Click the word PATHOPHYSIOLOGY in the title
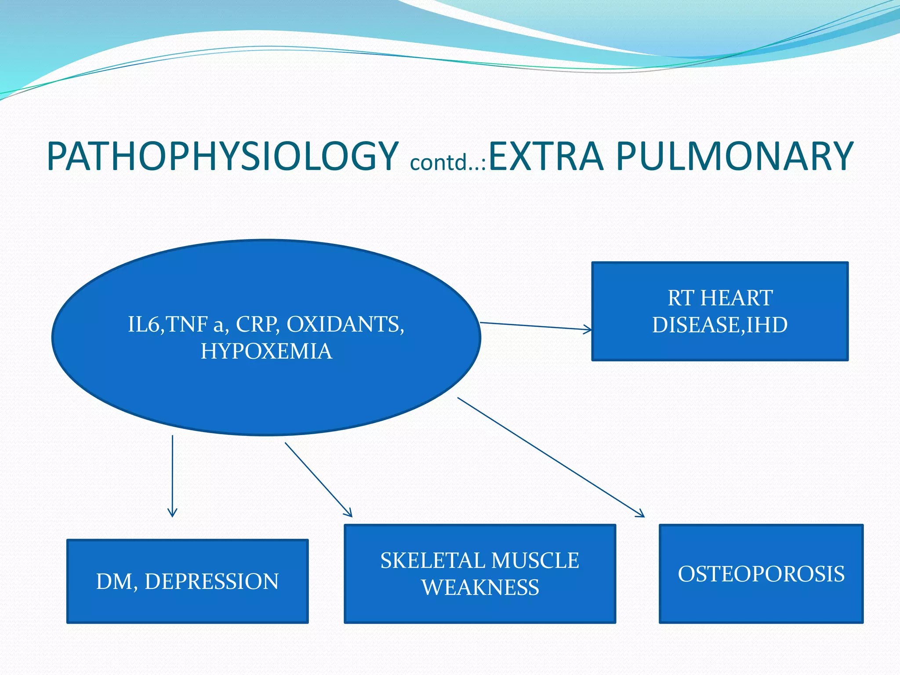pyautogui.click(x=222, y=157)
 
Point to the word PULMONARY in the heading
pyautogui.click(x=734, y=157)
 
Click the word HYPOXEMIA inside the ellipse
pyautogui.click(x=266, y=352)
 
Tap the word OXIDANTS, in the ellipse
pyautogui.click(x=345, y=325)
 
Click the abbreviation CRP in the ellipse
pyautogui.click(x=257, y=325)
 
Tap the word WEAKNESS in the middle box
pyautogui.click(x=480, y=588)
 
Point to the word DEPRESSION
pyautogui.click(x=211, y=581)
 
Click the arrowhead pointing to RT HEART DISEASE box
pyautogui.click(x=588, y=329)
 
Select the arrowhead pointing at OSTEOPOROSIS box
pyautogui.click(x=641, y=514)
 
